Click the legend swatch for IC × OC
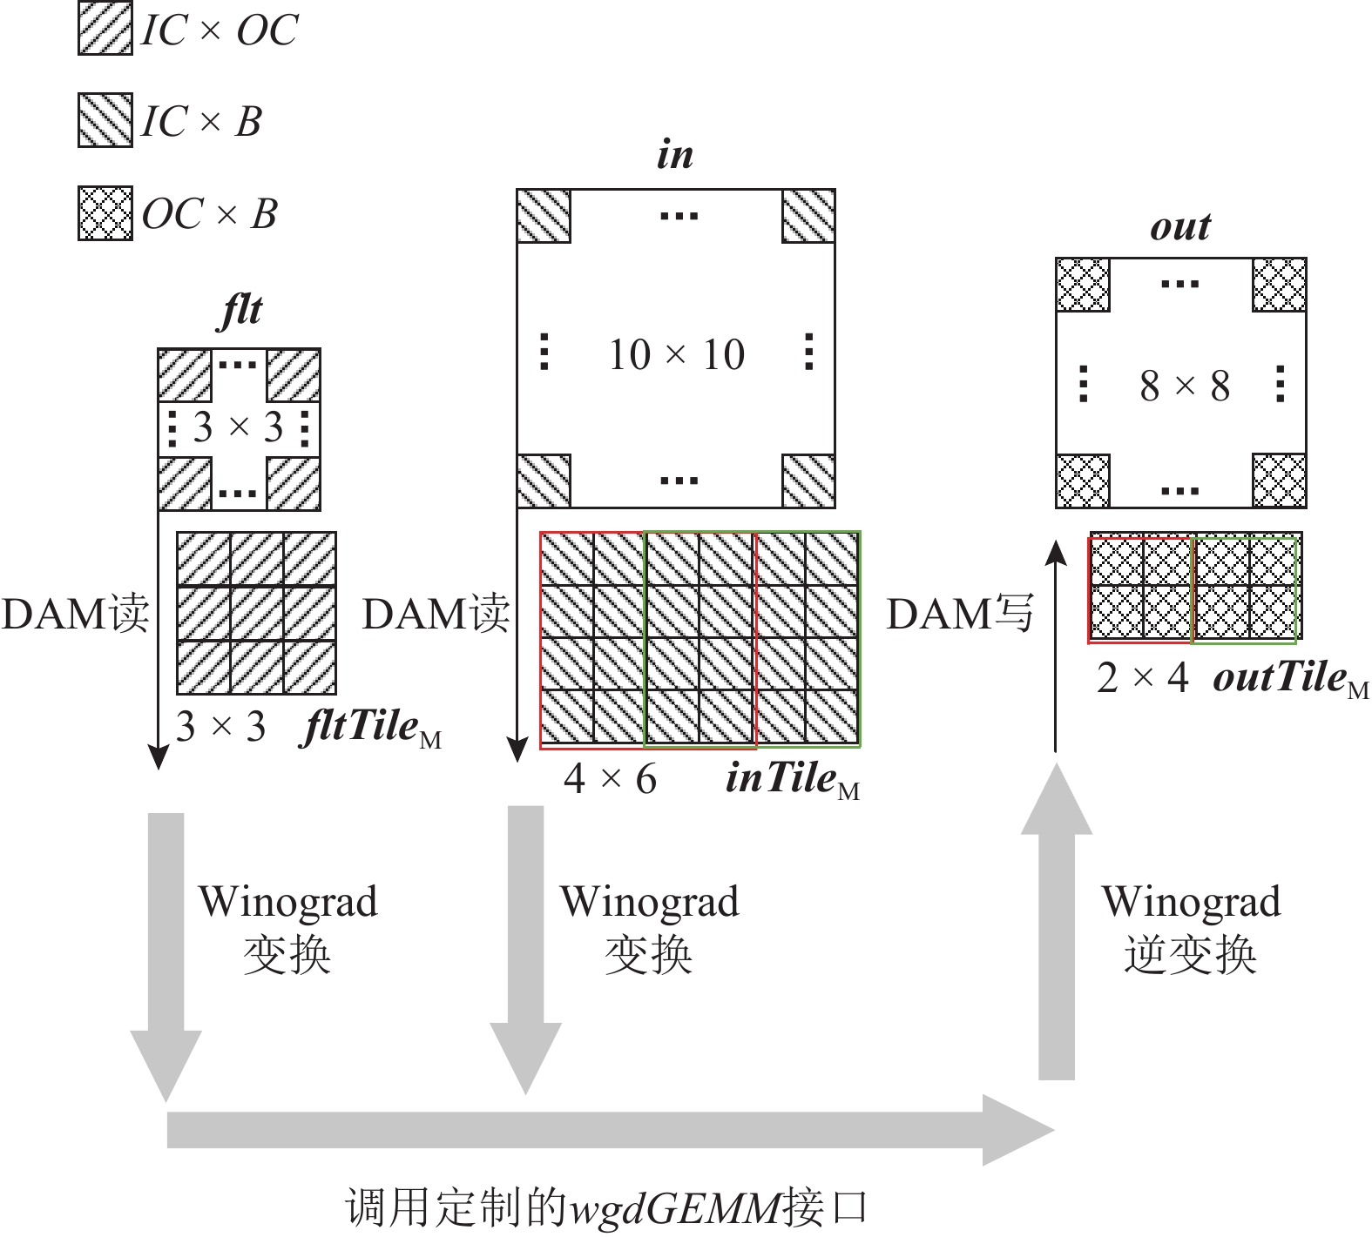pos(105,29)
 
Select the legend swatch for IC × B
pos(105,120)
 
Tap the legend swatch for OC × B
pos(105,213)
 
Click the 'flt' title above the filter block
pos(240,311)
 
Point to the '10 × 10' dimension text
pos(676,354)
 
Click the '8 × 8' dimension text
pos(1184,385)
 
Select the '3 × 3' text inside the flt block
pos(238,427)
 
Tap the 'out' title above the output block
pos(1179,227)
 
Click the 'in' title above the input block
pos(675,155)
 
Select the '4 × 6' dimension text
pos(610,778)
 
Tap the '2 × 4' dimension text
pos(1142,678)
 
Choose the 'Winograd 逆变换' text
pos(1190,928)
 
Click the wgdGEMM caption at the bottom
pos(607,1207)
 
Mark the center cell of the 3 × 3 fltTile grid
pos(256,614)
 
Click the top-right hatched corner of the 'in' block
pos(808,216)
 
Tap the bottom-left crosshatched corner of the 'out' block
pos(1083,481)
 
